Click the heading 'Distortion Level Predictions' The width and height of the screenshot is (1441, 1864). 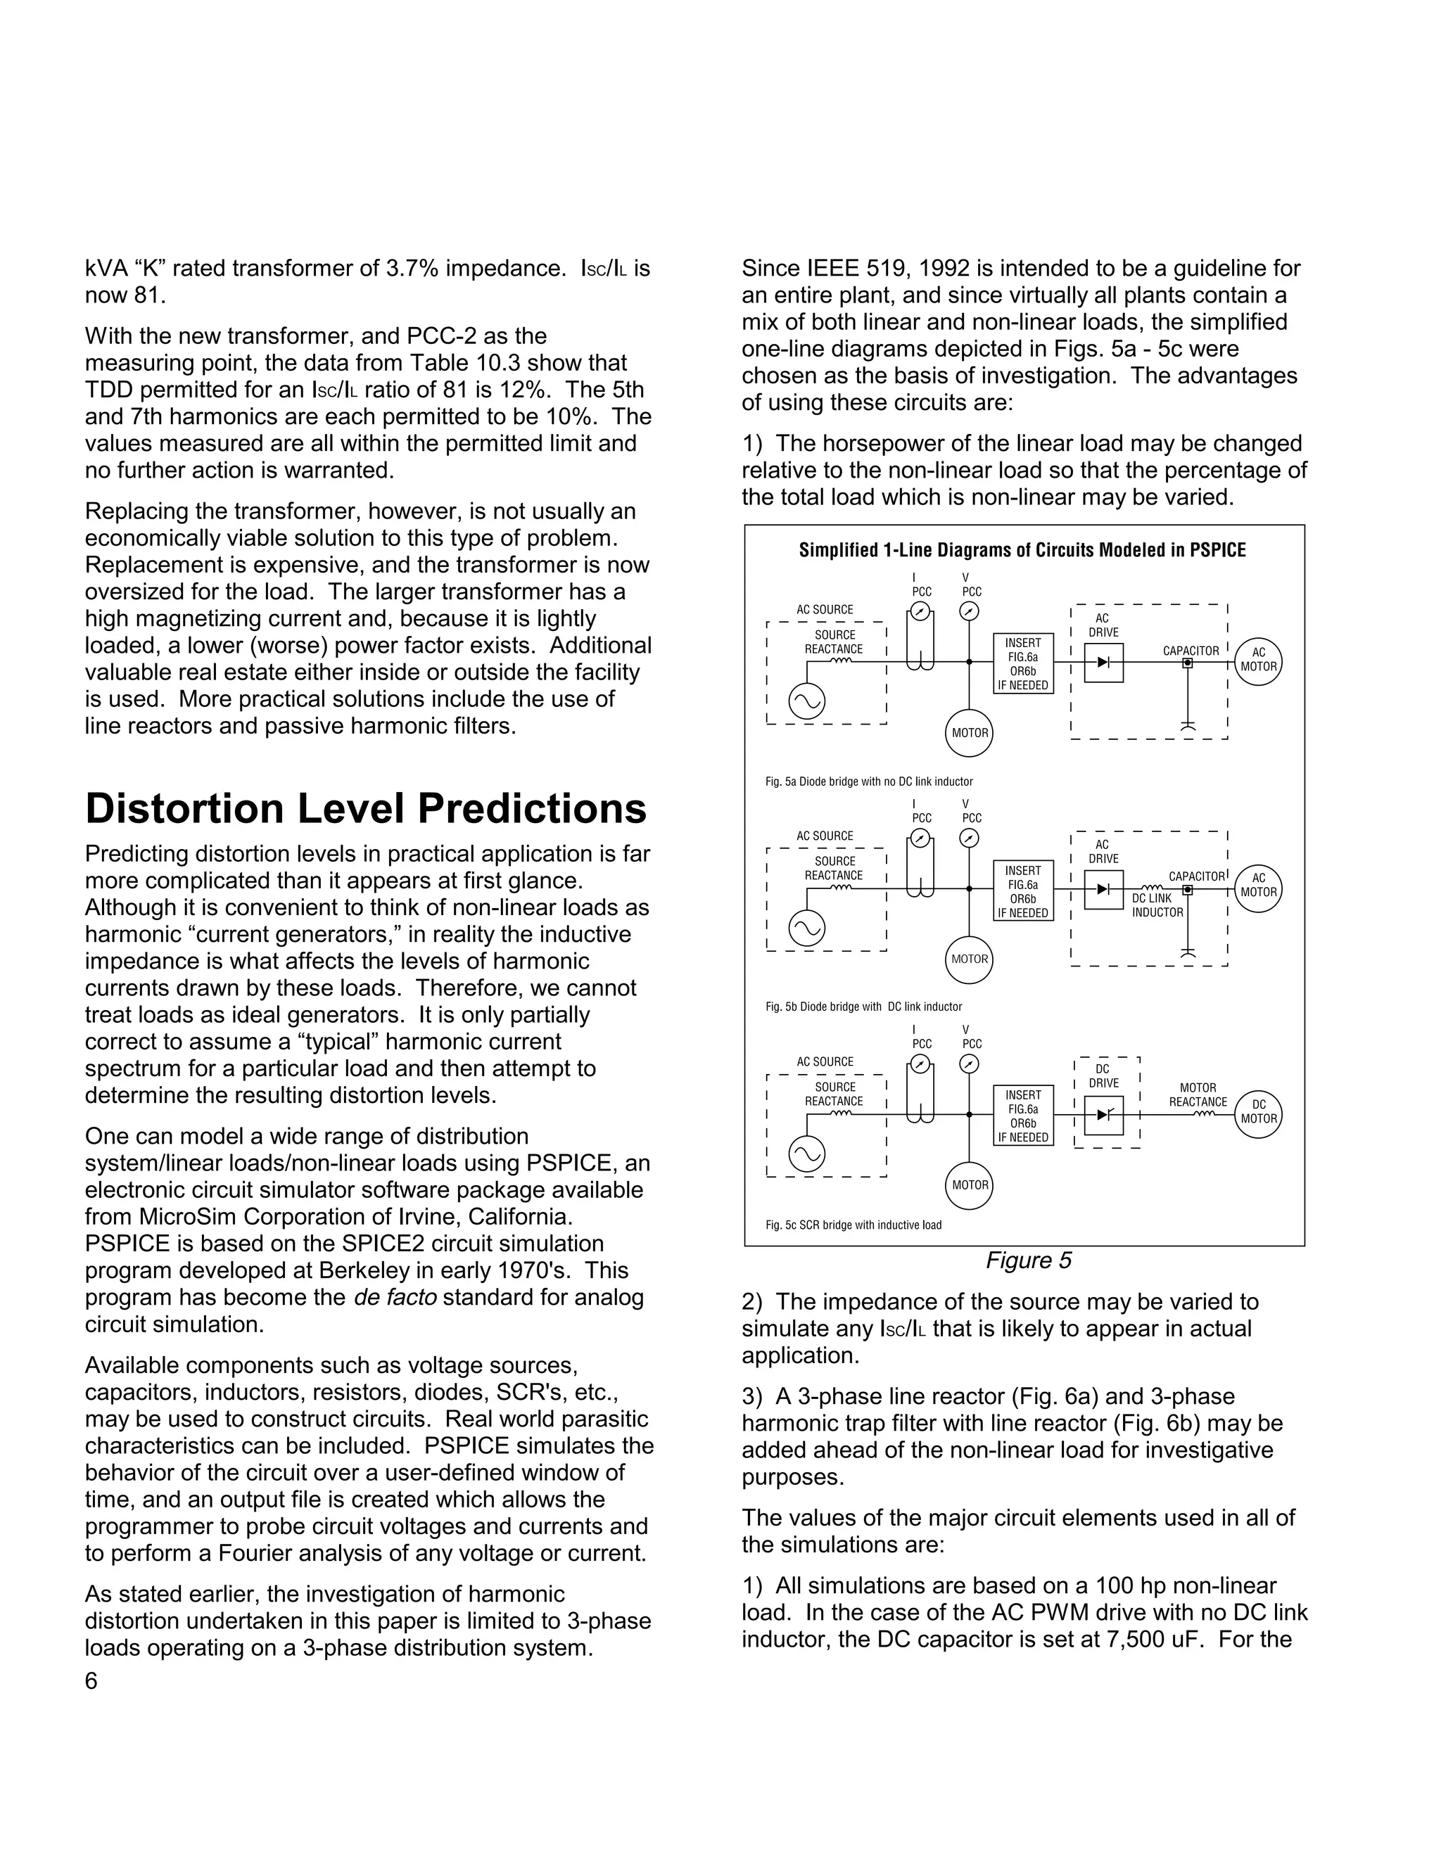pos(365,809)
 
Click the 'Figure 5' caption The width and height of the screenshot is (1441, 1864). pos(1028,1260)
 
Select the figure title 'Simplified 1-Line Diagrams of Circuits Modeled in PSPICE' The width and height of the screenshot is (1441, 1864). pos(1022,551)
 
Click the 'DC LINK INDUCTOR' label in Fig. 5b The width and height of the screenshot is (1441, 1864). pos(1157,905)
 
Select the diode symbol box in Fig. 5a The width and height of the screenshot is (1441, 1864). pos(1104,663)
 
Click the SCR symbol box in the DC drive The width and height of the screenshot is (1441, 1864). pos(1104,1115)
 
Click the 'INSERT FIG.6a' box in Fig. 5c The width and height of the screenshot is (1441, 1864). pos(1022,1116)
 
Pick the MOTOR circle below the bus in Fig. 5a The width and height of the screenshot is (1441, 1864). pos(970,733)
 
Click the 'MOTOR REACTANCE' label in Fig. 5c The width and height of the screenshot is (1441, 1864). pos(1198,1095)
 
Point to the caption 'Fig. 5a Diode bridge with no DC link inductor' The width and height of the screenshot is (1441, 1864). pos(869,781)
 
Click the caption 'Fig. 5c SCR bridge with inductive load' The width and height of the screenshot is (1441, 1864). pos(853,1225)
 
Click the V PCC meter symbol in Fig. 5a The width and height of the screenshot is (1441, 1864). pos(970,611)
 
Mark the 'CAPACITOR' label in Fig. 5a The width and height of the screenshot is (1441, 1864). pos(1191,651)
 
